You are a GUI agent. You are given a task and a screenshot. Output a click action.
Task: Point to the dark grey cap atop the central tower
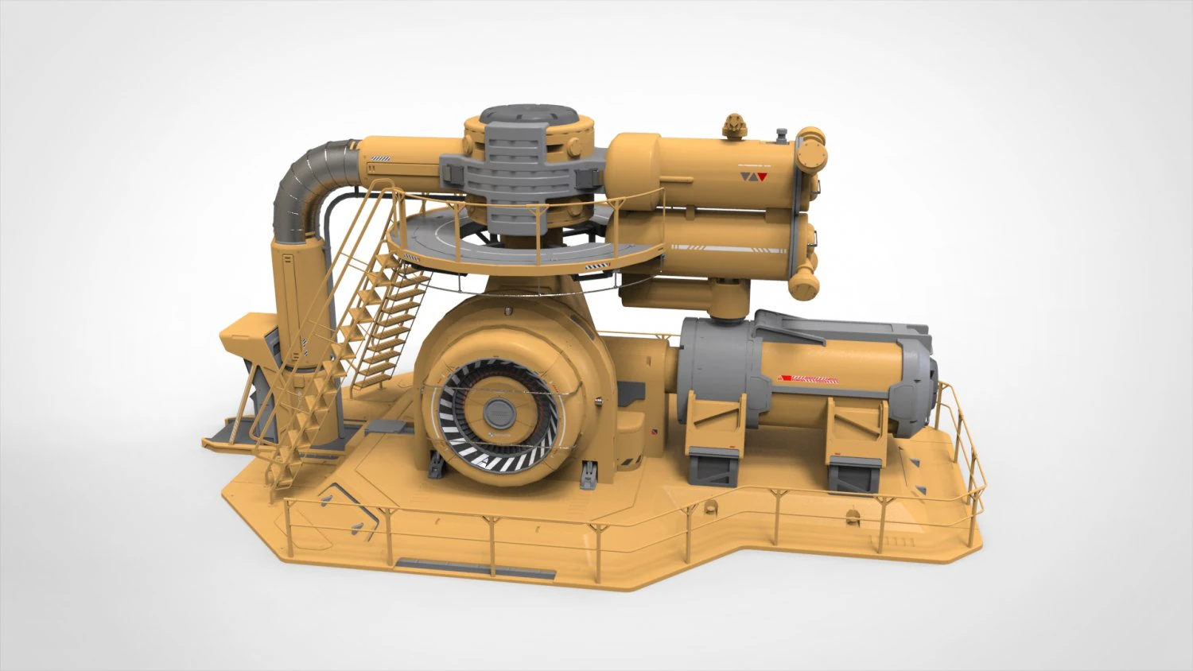[528, 116]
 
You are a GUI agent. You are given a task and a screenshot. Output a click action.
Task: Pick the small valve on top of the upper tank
[733, 125]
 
